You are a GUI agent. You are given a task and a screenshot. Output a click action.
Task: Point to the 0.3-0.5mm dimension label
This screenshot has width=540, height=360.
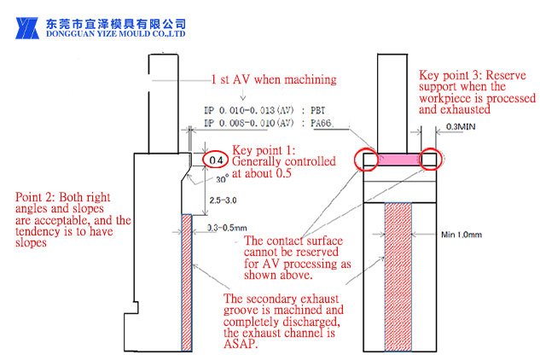pyautogui.click(x=226, y=228)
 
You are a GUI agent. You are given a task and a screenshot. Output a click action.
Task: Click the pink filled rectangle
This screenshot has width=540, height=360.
pyautogui.click(x=398, y=159)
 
